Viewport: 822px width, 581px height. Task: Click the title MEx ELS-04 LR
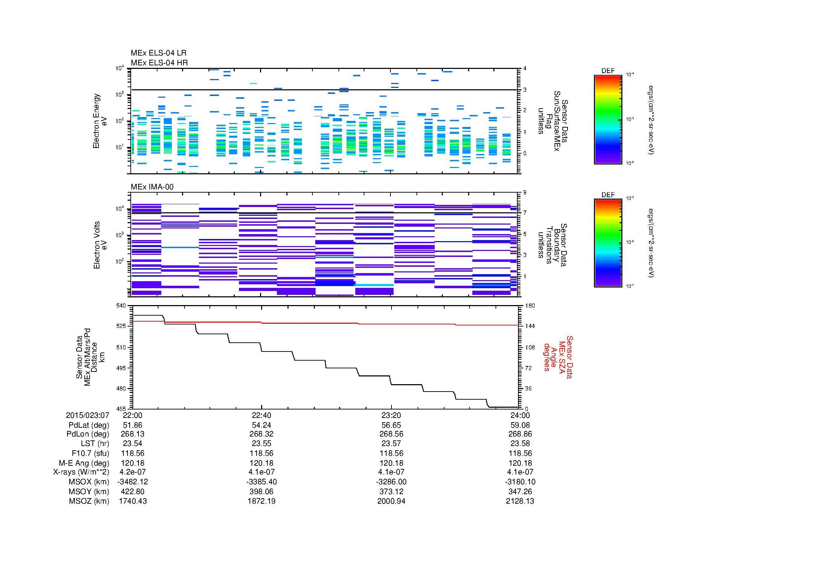(158, 53)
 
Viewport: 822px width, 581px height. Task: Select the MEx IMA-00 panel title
(152, 187)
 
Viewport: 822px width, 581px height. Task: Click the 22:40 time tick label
(262, 415)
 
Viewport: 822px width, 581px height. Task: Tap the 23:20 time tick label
(391, 415)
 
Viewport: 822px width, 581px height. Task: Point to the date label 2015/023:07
(88, 415)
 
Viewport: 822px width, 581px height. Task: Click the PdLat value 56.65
(391, 425)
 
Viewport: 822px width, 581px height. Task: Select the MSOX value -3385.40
(262, 482)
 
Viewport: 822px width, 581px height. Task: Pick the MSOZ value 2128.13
(520, 501)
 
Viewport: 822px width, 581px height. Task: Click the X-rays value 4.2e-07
(132, 472)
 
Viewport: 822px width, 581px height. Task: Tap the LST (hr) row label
(95, 444)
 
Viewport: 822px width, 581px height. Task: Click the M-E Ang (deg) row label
(84, 463)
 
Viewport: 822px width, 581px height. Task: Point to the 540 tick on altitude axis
(122, 306)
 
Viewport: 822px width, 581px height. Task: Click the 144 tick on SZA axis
(530, 326)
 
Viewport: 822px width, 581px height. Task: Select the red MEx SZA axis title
(558, 357)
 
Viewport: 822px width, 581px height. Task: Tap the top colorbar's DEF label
(608, 71)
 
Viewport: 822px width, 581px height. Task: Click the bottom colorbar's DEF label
(608, 195)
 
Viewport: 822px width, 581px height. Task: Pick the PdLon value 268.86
(520, 434)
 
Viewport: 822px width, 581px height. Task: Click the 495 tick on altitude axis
(122, 368)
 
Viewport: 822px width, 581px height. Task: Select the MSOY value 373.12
(391, 491)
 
